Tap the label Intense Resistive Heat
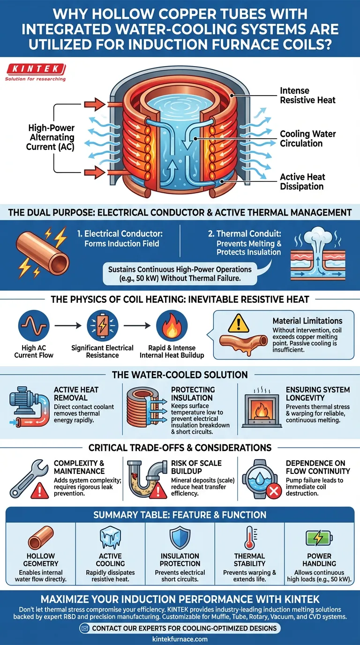pos(307,95)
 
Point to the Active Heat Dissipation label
pos(302,181)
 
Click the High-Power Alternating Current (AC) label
pos(52,137)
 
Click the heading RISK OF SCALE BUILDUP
pos(196,467)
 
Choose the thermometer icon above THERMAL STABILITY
pos(249,538)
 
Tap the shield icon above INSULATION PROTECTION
pos(180,537)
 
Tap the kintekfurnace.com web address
pos(180,639)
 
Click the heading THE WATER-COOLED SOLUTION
pos(180,375)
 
